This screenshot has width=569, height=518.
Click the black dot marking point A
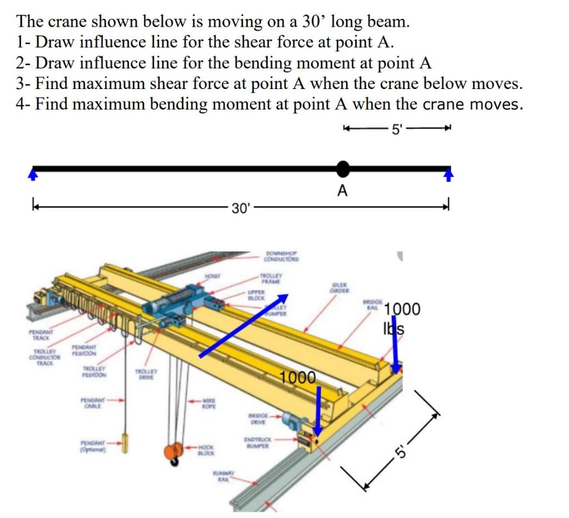[343, 167]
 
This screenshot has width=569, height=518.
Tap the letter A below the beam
[343, 191]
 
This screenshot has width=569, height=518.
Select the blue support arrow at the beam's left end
[34, 175]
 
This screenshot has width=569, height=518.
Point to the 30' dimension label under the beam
[242, 209]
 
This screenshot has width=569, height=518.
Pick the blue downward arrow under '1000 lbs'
[395, 353]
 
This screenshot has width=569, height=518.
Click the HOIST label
[212, 274]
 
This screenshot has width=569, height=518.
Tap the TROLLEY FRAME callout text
[272, 278]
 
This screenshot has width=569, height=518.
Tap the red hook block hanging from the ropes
[174, 451]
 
